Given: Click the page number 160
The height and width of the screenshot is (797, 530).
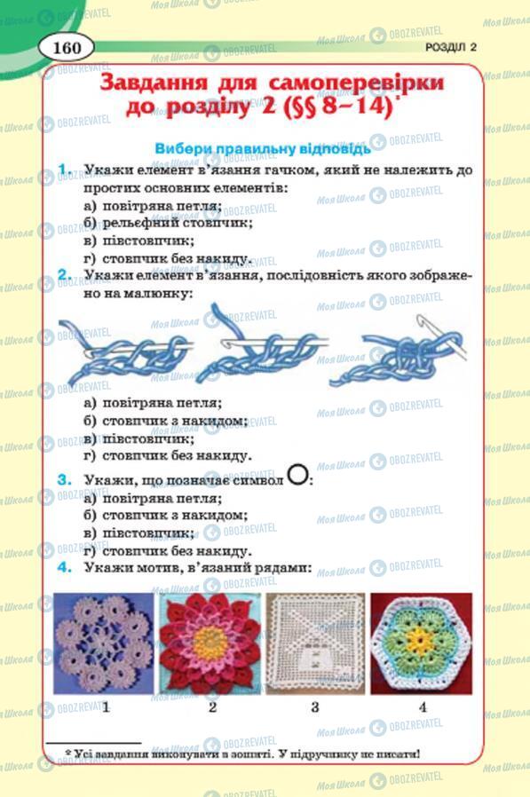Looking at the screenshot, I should (67, 46).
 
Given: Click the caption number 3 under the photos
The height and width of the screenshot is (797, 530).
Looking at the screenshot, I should (315, 707).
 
